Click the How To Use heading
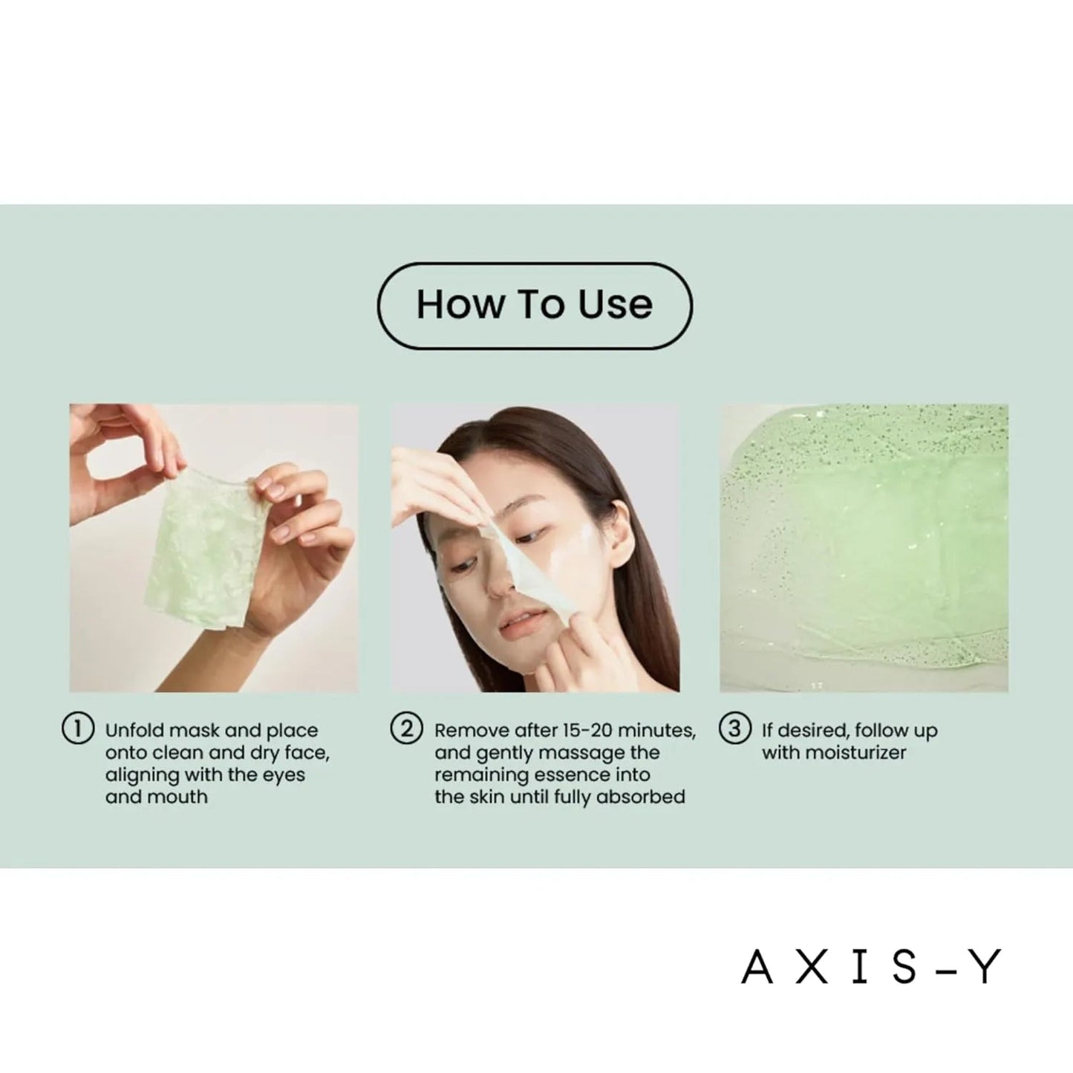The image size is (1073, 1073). tap(535, 304)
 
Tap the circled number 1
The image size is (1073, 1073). tap(77, 729)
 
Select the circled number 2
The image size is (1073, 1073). tap(406, 729)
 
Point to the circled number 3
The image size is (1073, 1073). tap(734, 729)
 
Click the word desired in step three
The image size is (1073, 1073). tap(813, 731)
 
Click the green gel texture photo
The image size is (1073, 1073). tap(864, 548)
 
